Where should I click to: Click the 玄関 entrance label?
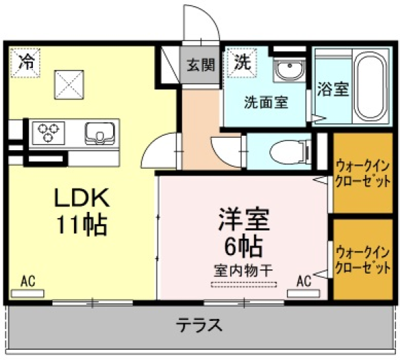[x=201, y=65]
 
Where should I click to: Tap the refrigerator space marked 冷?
[x=25, y=63]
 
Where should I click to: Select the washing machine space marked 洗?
[x=242, y=63]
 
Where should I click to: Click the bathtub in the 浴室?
[x=371, y=87]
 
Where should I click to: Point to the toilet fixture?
[x=290, y=152]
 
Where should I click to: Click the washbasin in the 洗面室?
[x=289, y=69]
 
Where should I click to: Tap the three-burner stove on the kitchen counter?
[x=48, y=133]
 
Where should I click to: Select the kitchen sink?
[x=100, y=133]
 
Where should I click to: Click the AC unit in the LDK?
[x=27, y=293]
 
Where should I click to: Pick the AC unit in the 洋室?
[x=303, y=293]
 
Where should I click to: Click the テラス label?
[x=199, y=325]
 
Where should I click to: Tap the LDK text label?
[x=82, y=197]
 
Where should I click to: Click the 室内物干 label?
[x=243, y=272]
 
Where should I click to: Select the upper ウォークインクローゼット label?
[x=363, y=174]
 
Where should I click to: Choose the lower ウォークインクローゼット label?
[x=363, y=260]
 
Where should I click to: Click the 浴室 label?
[x=333, y=89]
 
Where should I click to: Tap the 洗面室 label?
[x=266, y=102]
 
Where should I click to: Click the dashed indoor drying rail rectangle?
[x=244, y=285]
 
